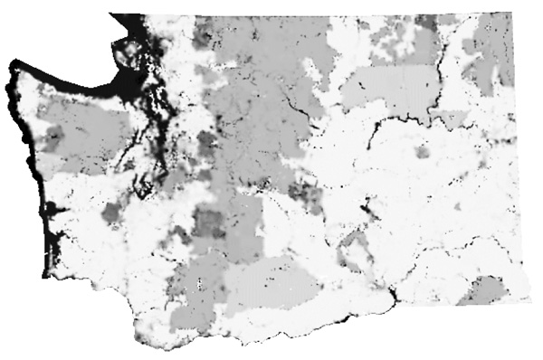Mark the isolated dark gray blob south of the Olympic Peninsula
[111, 213]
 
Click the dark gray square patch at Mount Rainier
[209, 221]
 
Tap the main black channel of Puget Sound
[145, 163]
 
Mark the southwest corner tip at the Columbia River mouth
[134, 331]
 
